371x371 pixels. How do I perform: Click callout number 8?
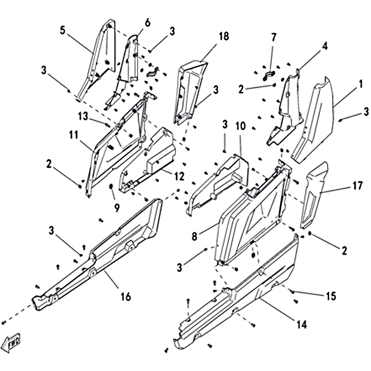(x=194, y=236)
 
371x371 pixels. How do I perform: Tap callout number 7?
(x=273, y=36)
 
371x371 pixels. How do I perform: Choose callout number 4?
(x=325, y=46)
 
